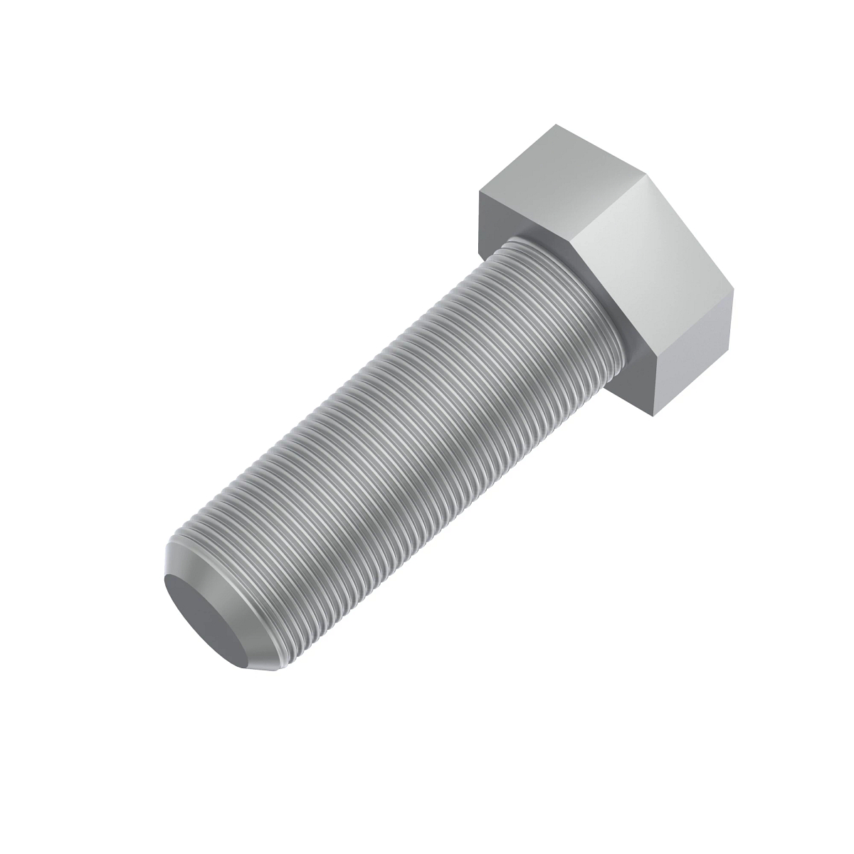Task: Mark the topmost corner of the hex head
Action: click(557, 125)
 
